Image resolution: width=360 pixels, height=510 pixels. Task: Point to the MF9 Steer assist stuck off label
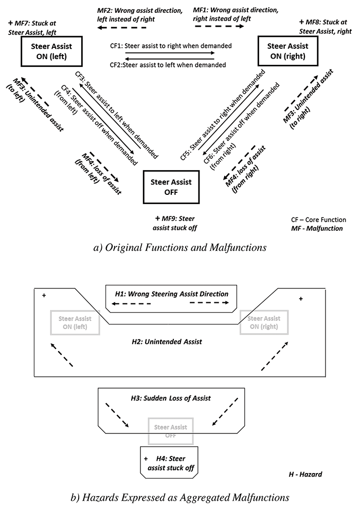click(176, 223)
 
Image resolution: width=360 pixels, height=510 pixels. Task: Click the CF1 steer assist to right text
click(171, 46)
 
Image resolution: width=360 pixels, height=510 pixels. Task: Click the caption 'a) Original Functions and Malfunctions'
click(179, 248)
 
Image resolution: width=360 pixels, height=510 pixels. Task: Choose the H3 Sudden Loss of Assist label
click(171, 398)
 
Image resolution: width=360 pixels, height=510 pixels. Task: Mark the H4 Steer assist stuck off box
click(169, 462)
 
